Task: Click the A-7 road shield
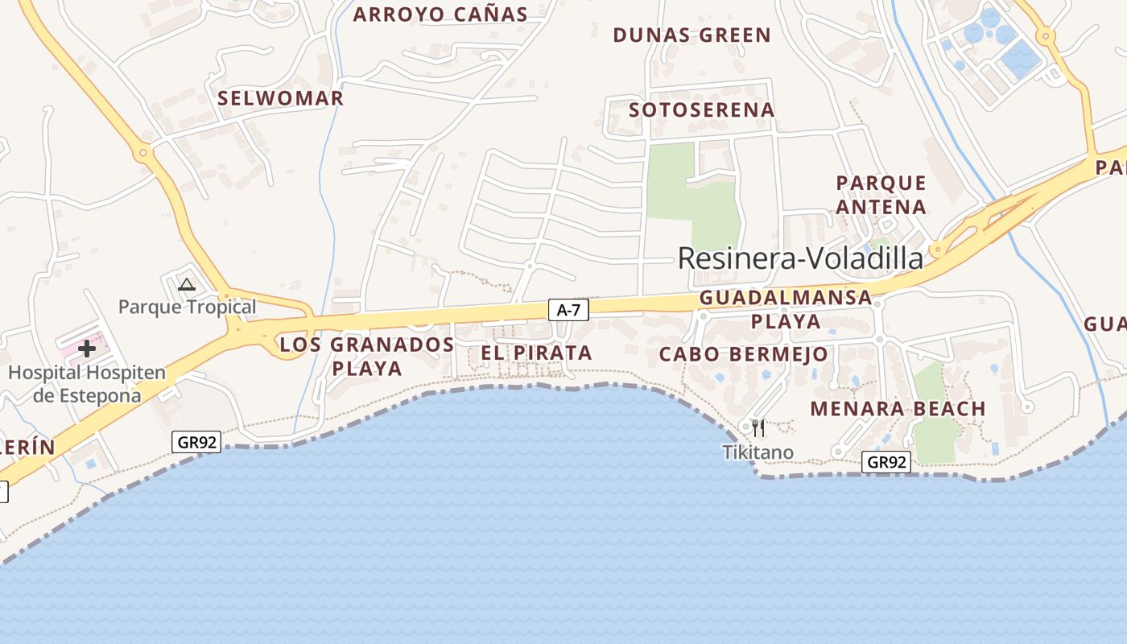tap(568, 309)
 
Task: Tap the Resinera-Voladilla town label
tap(800, 258)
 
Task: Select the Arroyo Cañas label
tap(440, 14)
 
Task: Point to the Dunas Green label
tap(692, 35)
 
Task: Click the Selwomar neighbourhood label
tap(281, 98)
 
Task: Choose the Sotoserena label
tap(701, 110)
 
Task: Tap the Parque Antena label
tap(881, 195)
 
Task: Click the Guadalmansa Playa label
tap(786, 309)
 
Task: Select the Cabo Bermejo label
tap(743, 354)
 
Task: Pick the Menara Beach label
tap(898, 408)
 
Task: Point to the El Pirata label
tap(536, 353)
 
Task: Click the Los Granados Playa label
tap(367, 357)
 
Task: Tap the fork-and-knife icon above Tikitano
tap(758, 427)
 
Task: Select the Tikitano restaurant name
tap(758, 452)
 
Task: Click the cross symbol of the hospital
tap(87, 349)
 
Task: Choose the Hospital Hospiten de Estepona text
tap(86, 384)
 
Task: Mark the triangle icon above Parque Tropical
tap(187, 284)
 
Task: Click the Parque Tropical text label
tap(187, 307)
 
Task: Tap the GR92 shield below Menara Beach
tap(886, 462)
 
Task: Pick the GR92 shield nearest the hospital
tap(196, 442)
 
